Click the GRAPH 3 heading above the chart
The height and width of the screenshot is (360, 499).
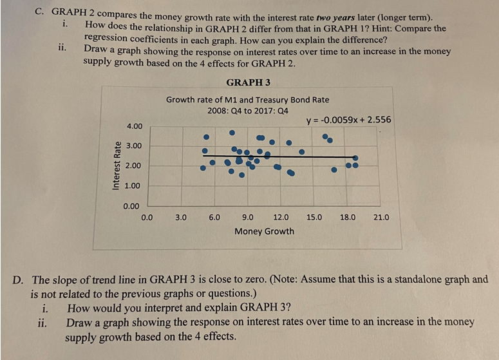[x=249, y=82]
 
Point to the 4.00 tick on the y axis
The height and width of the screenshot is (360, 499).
[x=135, y=125]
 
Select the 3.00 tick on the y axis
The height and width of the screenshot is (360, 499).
[x=135, y=146]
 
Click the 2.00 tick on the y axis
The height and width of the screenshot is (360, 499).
[x=135, y=166]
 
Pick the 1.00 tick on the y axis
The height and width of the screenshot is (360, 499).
[x=135, y=185]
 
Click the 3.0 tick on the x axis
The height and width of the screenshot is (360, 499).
[x=181, y=218]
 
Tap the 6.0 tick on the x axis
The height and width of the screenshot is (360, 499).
[x=214, y=218]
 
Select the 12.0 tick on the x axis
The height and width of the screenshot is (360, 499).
[x=281, y=218]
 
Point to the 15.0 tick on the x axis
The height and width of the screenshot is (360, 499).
[x=314, y=218]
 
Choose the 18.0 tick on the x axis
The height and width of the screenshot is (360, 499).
[x=348, y=218]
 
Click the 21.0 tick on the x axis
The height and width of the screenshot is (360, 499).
[x=381, y=218]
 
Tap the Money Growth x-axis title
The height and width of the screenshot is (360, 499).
[x=264, y=231]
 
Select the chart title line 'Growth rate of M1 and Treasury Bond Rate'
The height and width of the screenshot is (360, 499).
[x=247, y=100]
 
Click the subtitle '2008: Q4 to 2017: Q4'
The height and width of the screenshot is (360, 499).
[x=247, y=110]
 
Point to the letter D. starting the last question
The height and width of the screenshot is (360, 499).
[x=21, y=279]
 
